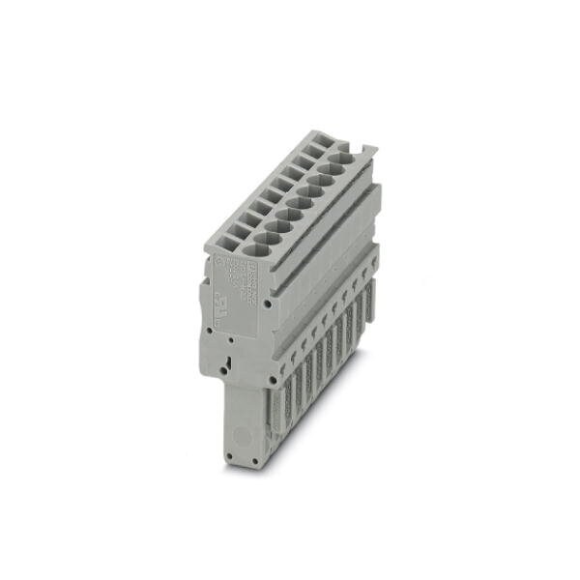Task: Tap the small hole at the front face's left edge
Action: pos(210,330)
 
